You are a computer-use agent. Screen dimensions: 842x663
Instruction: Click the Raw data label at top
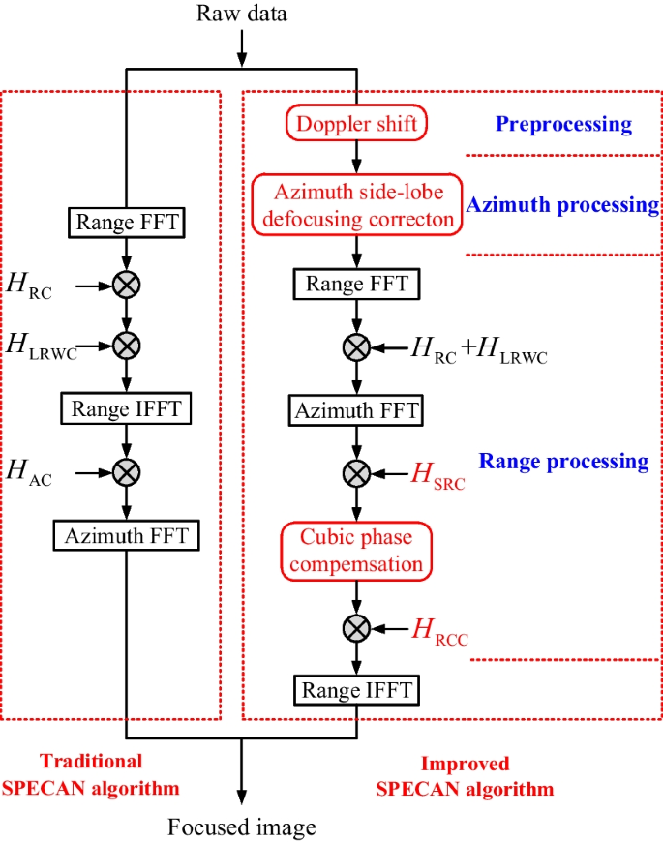pyautogui.click(x=242, y=14)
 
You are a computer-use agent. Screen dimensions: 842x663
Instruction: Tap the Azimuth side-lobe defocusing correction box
pyautogui.click(x=356, y=204)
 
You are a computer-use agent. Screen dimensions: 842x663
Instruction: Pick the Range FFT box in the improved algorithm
pyautogui.click(x=357, y=284)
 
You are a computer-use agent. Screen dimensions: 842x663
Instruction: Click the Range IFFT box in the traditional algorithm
pyautogui.click(x=127, y=408)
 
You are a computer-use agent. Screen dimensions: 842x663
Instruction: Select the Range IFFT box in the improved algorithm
pyautogui.click(x=357, y=691)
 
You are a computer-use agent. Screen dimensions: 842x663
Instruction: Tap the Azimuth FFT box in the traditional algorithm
pyautogui.click(x=127, y=535)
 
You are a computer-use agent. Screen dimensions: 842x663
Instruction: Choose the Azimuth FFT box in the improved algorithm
pyautogui.click(x=357, y=410)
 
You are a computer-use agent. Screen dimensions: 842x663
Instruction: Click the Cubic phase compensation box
pyautogui.click(x=356, y=549)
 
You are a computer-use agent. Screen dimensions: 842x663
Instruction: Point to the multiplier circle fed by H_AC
pyautogui.click(x=127, y=472)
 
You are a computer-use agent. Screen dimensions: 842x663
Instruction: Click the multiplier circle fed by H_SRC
pyautogui.click(x=357, y=473)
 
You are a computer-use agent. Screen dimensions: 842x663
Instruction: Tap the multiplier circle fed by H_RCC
pyautogui.click(x=357, y=629)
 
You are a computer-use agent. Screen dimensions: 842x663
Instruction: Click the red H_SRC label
pyautogui.click(x=438, y=475)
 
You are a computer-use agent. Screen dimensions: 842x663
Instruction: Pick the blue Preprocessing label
pyautogui.click(x=563, y=124)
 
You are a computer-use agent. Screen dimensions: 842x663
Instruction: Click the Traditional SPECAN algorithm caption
pyautogui.click(x=91, y=774)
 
